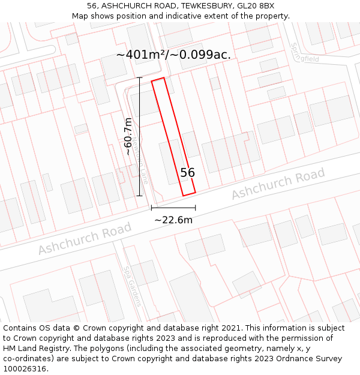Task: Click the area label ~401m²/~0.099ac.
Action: coord(173,55)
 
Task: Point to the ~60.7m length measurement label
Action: coord(128,137)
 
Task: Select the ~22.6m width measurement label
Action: coord(173,220)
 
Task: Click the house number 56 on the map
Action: coord(187,173)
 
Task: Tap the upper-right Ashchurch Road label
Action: coord(278,185)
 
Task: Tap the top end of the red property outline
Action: coord(158,80)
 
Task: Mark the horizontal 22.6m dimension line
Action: coord(173,208)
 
